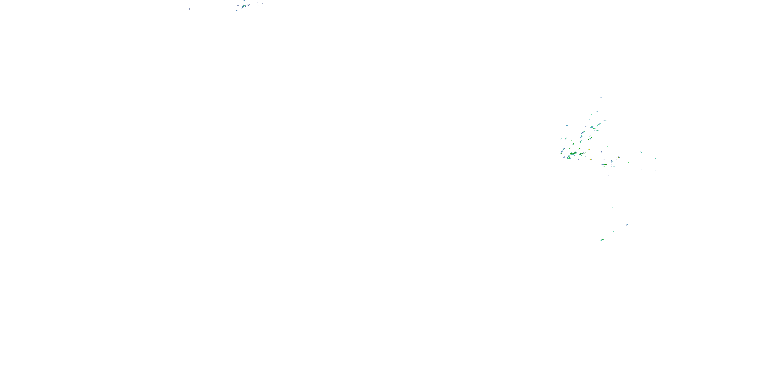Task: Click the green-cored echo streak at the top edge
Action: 244,6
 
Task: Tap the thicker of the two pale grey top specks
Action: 189,9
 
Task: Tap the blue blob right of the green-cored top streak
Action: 248,5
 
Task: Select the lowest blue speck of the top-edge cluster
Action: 236,11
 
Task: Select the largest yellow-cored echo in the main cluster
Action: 572,153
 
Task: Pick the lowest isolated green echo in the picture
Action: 602,240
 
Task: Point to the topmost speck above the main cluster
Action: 602,97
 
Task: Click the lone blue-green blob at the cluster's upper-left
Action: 567,125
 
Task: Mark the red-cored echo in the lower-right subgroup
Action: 605,164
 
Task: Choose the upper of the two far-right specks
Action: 656,159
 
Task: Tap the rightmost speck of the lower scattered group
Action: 641,213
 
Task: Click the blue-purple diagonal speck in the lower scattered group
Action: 627,224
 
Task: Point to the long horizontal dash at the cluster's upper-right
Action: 609,115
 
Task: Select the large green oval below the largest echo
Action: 569,158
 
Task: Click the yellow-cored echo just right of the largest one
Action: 581,154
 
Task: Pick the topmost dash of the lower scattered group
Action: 608,204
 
